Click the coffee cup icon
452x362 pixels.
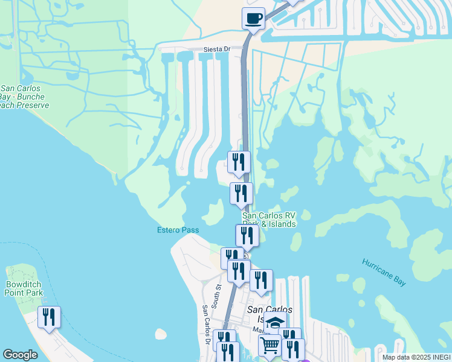pos(254,18)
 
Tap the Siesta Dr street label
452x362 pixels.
pos(219,49)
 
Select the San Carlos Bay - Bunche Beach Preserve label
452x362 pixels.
pos(23,97)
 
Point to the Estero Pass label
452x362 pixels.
pos(178,230)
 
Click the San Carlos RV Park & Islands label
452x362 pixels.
pos(269,220)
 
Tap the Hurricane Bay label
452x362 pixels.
pos(384,272)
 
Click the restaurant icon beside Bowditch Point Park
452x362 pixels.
pos(50,317)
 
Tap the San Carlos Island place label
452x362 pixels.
pos(266,314)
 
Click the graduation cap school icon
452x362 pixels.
pos(275,323)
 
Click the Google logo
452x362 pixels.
pos(20,355)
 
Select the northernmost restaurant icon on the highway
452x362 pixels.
pos(239,162)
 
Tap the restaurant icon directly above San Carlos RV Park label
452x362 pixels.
pos(241,193)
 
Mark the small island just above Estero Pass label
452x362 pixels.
pos(213,214)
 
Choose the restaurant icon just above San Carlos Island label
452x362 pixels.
pos(261,281)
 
